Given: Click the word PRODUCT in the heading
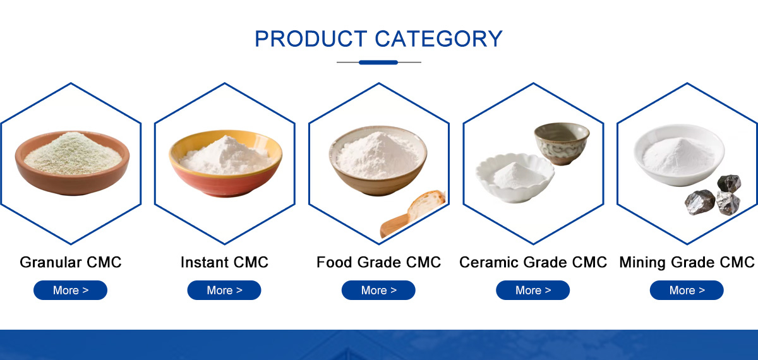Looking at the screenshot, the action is [x=311, y=39].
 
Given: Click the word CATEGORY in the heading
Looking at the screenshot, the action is [x=439, y=39].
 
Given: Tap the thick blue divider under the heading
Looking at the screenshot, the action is [x=378, y=63].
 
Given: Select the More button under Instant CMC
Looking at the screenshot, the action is [x=224, y=290].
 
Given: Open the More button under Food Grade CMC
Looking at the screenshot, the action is [x=378, y=290].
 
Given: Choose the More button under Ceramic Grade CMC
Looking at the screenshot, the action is [x=533, y=290].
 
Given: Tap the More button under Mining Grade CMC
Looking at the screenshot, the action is [x=687, y=290].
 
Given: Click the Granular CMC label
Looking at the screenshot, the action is [x=70, y=262].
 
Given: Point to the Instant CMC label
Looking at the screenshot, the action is [x=224, y=262].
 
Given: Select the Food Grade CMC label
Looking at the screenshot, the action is [x=378, y=262].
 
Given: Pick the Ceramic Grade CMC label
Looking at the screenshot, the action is [x=533, y=262].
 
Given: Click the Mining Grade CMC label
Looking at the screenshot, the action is [x=687, y=263].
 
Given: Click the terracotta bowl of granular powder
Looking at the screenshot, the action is [x=72, y=163].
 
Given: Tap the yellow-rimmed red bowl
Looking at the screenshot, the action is [x=226, y=163].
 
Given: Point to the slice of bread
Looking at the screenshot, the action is [x=426, y=205].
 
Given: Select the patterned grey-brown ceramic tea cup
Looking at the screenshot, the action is [x=562, y=143].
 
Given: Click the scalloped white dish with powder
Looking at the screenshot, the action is [x=515, y=177].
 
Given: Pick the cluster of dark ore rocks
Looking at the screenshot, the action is [x=713, y=195].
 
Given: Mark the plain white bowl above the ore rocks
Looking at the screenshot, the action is [x=679, y=155].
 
